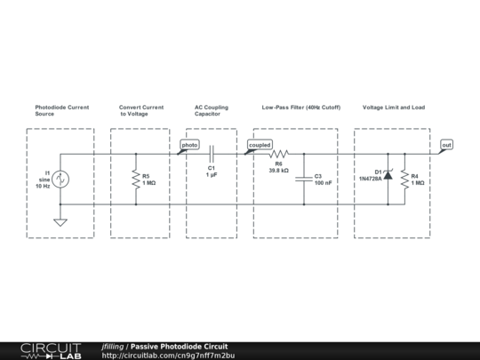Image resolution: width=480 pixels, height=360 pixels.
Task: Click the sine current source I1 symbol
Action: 60,179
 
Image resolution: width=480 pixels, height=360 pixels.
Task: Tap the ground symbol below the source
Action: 60,221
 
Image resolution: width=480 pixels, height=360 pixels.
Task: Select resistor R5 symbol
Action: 136,179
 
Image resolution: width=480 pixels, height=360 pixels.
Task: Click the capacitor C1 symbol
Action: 212,153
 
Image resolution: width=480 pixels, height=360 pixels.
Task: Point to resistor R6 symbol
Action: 278,153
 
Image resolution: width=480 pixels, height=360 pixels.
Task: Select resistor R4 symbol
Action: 404,179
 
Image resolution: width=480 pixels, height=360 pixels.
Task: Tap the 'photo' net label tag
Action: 189,144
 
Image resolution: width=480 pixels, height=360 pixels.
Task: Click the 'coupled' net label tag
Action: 260,144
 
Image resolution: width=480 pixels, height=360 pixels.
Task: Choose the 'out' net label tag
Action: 446,144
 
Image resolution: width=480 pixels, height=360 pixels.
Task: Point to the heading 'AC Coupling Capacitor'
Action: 212,111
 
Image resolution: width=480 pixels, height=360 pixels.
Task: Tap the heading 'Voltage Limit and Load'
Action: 394,108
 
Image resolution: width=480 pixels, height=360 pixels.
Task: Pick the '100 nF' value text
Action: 324,182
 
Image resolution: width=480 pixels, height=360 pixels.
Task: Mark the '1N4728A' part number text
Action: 370,179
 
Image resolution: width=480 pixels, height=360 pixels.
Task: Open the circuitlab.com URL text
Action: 168,356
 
